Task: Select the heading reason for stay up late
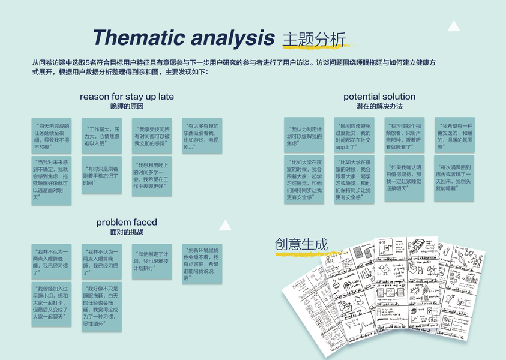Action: click(x=127, y=97)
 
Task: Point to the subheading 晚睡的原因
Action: click(x=127, y=106)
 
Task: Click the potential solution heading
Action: click(x=379, y=97)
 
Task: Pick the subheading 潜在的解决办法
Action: click(x=379, y=106)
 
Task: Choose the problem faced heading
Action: click(x=127, y=223)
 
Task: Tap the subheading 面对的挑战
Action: click(x=127, y=232)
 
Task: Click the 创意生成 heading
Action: click(x=301, y=245)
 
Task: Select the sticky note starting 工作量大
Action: click(x=101, y=136)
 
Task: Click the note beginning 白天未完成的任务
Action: click(x=51, y=136)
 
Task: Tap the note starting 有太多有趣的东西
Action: click(x=202, y=136)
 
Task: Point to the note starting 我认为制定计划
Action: click(x=304, y=136)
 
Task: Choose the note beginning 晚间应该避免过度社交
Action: click(x=354, y=136)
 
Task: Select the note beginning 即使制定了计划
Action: click(x=151, y=262)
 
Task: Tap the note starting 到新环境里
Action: click(x=202, y=263)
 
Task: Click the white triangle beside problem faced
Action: click(x=225, y=225)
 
